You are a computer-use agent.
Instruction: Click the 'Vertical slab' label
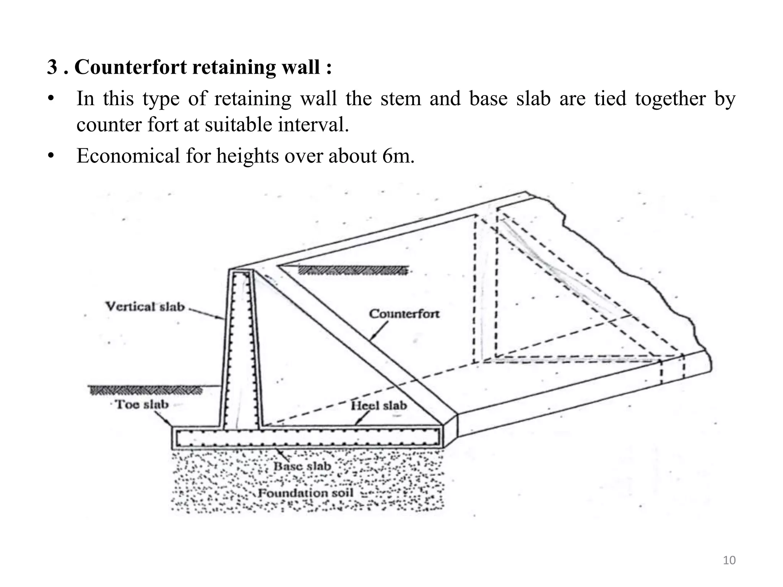[x=145, y=306]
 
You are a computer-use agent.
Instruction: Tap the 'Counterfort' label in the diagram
[x=404, y=314]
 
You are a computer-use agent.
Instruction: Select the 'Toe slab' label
[x=142, y=404]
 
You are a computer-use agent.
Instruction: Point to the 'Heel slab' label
[x=379, y=405]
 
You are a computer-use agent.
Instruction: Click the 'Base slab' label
[x=302, y=466]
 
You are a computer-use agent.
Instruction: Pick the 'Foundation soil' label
[x=305, y=493]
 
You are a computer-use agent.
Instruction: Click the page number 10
[x=729, y=560]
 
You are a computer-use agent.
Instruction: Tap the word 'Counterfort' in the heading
[x=130, y=67]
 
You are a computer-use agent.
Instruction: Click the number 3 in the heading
[x=52, y=67]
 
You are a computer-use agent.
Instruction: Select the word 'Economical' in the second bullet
[x=128, y=156]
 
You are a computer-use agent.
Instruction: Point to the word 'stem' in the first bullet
[x=401, y=99]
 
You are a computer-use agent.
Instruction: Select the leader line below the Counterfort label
[x=379, y=331]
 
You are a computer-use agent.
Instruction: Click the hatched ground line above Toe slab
[x=145, y=390]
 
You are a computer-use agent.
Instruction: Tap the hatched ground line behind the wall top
[x=352, y=271]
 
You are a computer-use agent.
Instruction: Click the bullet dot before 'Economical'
[x=51, y=156]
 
